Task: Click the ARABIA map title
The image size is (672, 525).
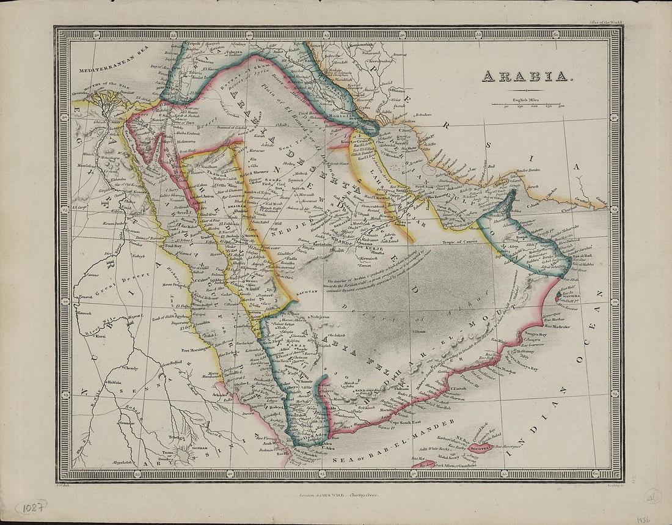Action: click(x=525, y=77)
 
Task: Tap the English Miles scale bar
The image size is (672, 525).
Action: click(x=535, y=105)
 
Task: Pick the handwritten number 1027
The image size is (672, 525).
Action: click(x=31, y=507)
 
